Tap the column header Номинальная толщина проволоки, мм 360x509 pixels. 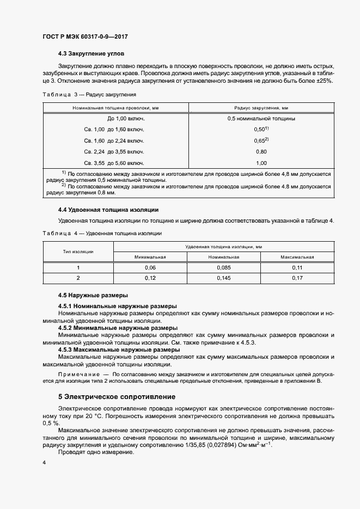click(115, 108)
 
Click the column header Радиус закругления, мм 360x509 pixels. click(260, 108)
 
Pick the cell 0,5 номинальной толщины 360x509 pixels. click(261, 118)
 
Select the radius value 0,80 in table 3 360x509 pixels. click(261, 151)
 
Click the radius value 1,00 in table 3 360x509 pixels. click(261, 163)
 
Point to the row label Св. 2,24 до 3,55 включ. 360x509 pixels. click(114, 151)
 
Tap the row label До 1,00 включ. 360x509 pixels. click(122, 118)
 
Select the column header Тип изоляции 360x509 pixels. click(78, 252)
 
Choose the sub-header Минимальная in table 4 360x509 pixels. click(151, 256)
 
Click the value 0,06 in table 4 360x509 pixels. click(151, 267)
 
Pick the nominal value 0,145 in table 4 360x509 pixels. click(224, 278)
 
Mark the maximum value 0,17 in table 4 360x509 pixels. click(297, 278)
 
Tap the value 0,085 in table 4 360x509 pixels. click(224, 267)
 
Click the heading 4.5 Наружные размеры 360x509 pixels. click(93, 296)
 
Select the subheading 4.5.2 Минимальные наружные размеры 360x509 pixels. click(118, 328)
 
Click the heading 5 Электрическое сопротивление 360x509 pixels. click(116, 397)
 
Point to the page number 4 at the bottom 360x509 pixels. click(44, 462)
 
